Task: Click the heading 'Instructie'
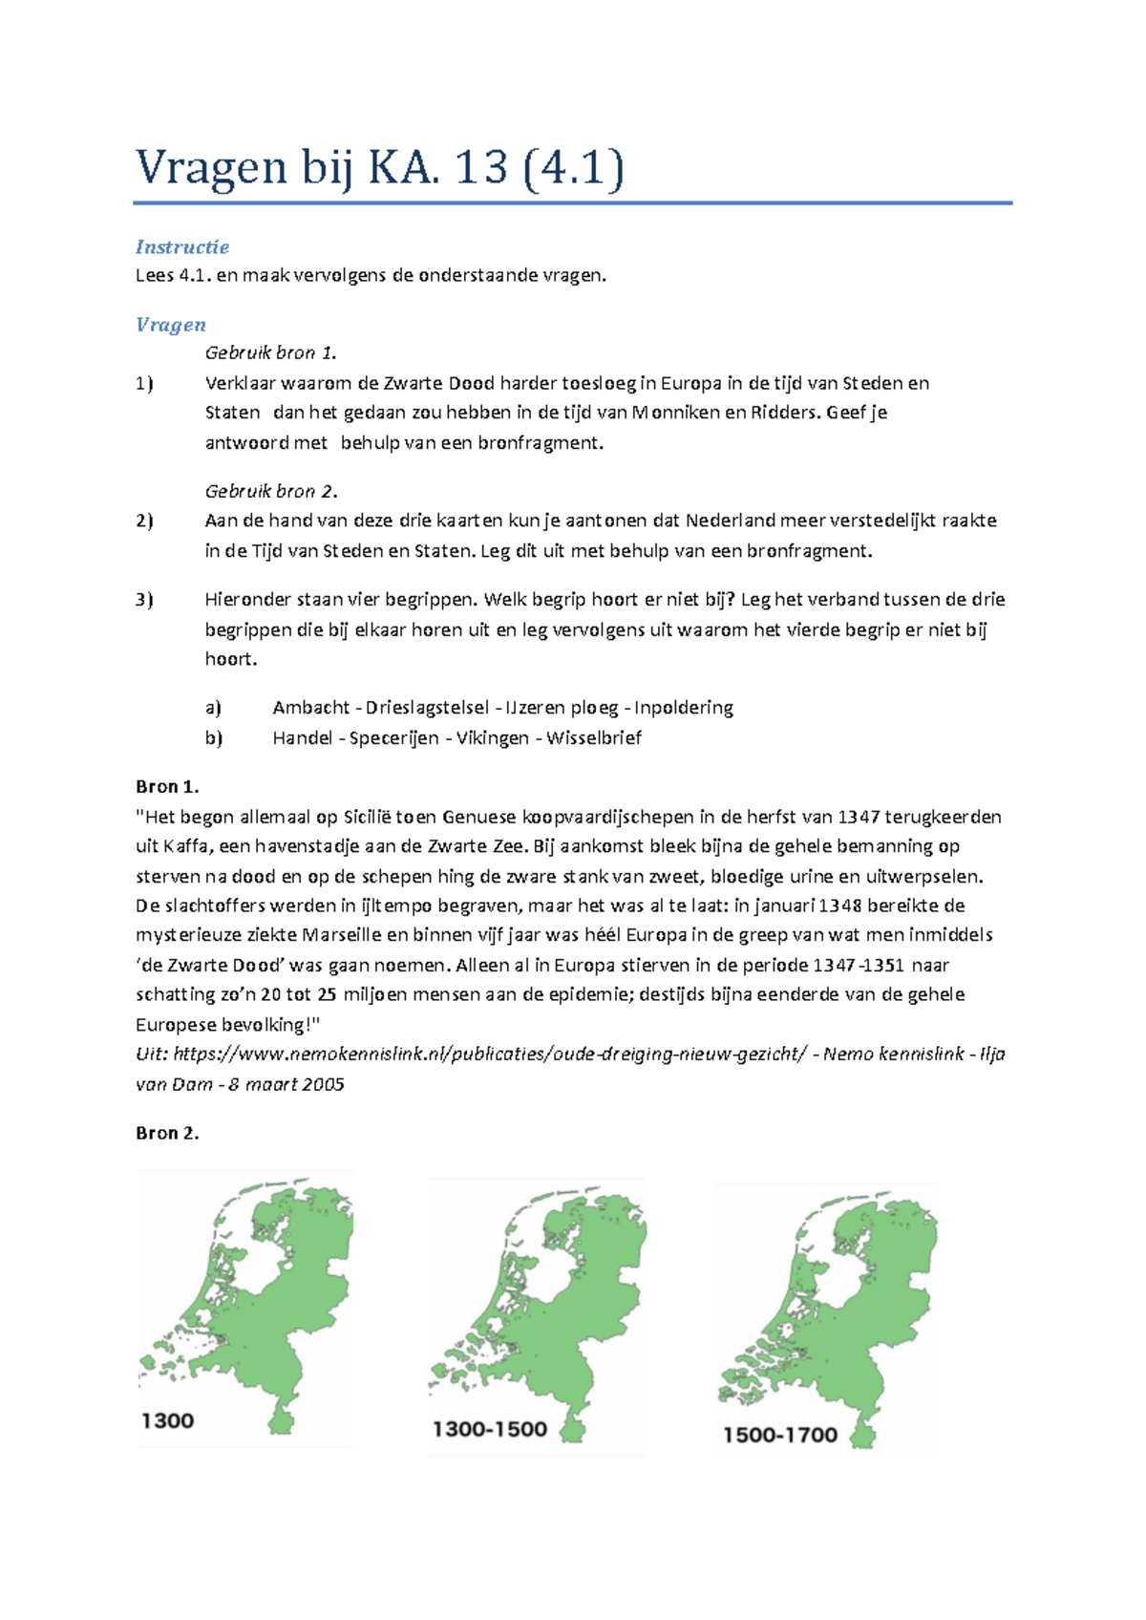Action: pos(181,247)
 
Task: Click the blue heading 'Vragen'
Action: pos(170,325)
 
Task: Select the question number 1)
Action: pos(144,384)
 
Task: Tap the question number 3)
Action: pos(144,600)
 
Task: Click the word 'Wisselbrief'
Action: pos(593,738)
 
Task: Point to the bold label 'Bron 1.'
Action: pos(167,787)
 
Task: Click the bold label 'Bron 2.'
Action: pos(167,1134)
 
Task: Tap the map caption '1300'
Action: pos(167,1421)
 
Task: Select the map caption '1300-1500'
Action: pos(489,1430)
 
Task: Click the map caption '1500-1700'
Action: pos(779,1435)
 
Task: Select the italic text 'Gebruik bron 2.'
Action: pos(271,492)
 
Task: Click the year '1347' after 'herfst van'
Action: pos(859,817)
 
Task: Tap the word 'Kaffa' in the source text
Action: pos(182,846)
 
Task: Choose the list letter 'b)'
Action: pos(213,738)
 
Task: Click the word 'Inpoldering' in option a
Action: pos(684,708)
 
